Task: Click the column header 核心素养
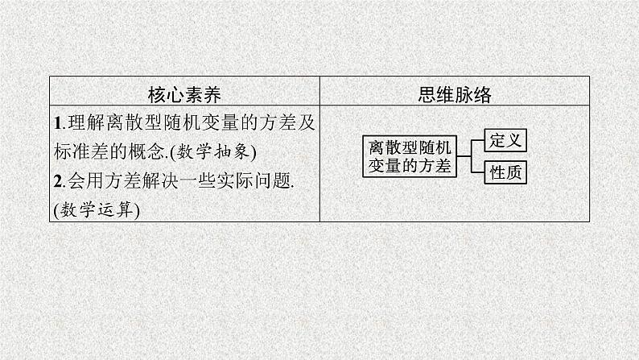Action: [x=185, y=93]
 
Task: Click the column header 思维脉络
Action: [x=455, y=93]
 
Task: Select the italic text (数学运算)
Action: [x=97, y=210]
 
